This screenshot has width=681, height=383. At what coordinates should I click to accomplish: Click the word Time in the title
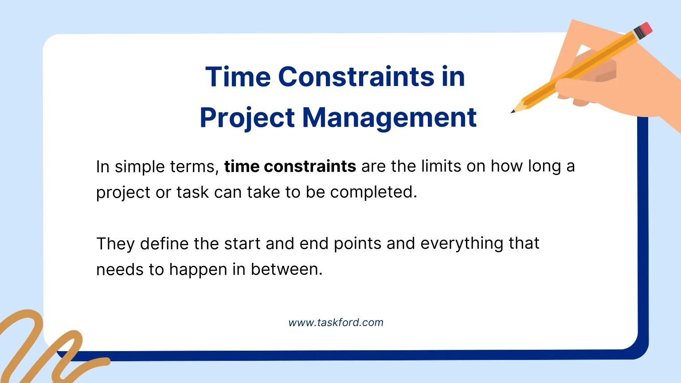click(238, 76)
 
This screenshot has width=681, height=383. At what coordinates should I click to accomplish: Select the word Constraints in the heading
click(356, 76)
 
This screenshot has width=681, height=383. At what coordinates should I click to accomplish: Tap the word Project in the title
click(247, 117)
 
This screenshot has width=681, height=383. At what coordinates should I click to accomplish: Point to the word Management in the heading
click(389, 117)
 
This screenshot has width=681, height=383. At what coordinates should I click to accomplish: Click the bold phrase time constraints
click(290, 166)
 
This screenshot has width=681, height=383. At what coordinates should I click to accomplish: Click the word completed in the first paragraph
click(373, 192)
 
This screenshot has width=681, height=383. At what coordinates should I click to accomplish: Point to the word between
click(286, 270)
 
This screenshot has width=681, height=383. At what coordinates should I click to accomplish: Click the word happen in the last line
click(198, 270)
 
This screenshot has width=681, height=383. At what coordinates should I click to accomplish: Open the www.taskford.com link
click(336, 323)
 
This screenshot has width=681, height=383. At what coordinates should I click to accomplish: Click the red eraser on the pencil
click(646, 28)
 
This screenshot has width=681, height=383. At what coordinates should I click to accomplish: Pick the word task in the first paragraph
click(192, 192)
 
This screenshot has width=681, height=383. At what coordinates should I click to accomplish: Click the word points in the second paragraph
click(357, 244)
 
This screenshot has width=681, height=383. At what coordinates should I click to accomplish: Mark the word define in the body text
click(164, 244)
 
